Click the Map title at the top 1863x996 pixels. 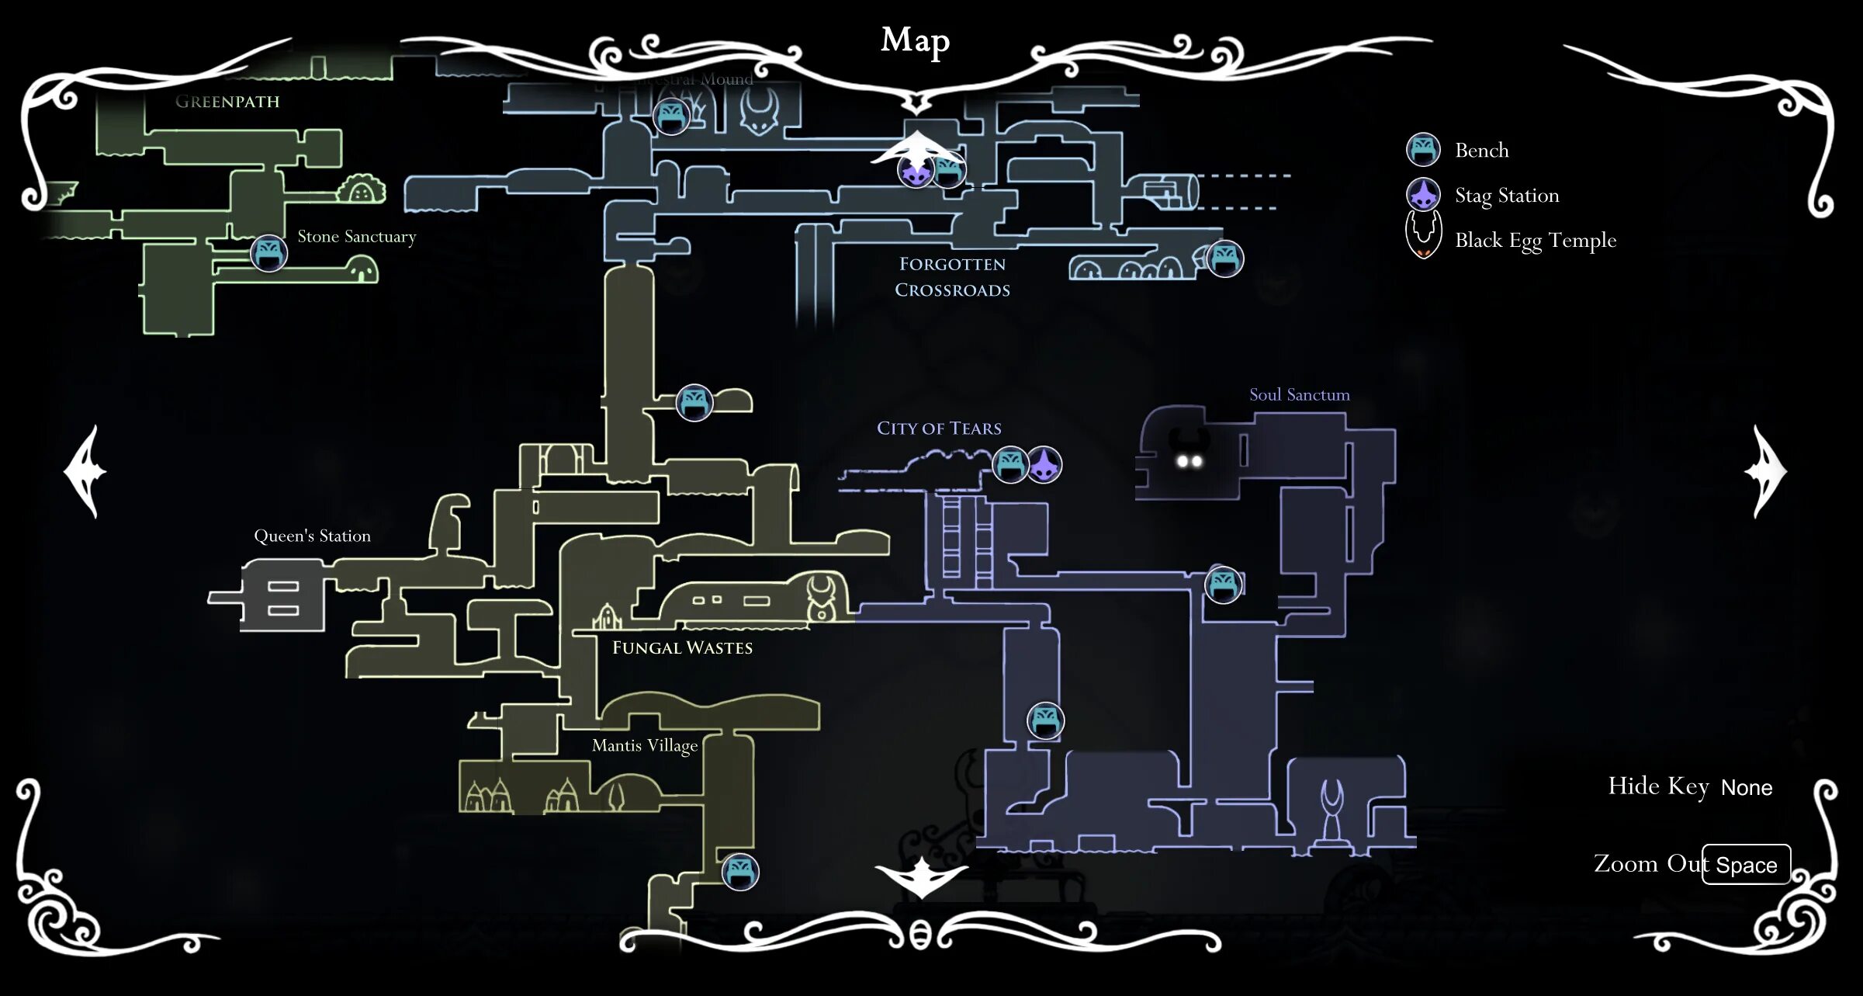[915, 40]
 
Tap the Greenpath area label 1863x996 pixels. [227, 102]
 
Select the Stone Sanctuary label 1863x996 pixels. [356, 237]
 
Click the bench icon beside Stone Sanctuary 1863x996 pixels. [269, 253]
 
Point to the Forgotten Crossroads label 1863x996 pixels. [952, 277]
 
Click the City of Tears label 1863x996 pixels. [939, 429]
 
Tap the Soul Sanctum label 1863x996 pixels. [1299, 395]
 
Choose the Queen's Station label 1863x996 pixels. [312, 536]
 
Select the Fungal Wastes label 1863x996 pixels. [682, 648]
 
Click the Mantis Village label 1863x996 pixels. [644, 746]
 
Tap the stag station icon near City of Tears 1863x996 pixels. [1044, 465]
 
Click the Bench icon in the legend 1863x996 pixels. [1423, 150]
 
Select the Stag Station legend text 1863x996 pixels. [1506, 196]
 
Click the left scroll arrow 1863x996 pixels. [85, 471]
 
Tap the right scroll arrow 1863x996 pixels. [1766, 471]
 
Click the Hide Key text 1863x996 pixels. [1658, 786]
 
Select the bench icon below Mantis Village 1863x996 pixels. [740, 872]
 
